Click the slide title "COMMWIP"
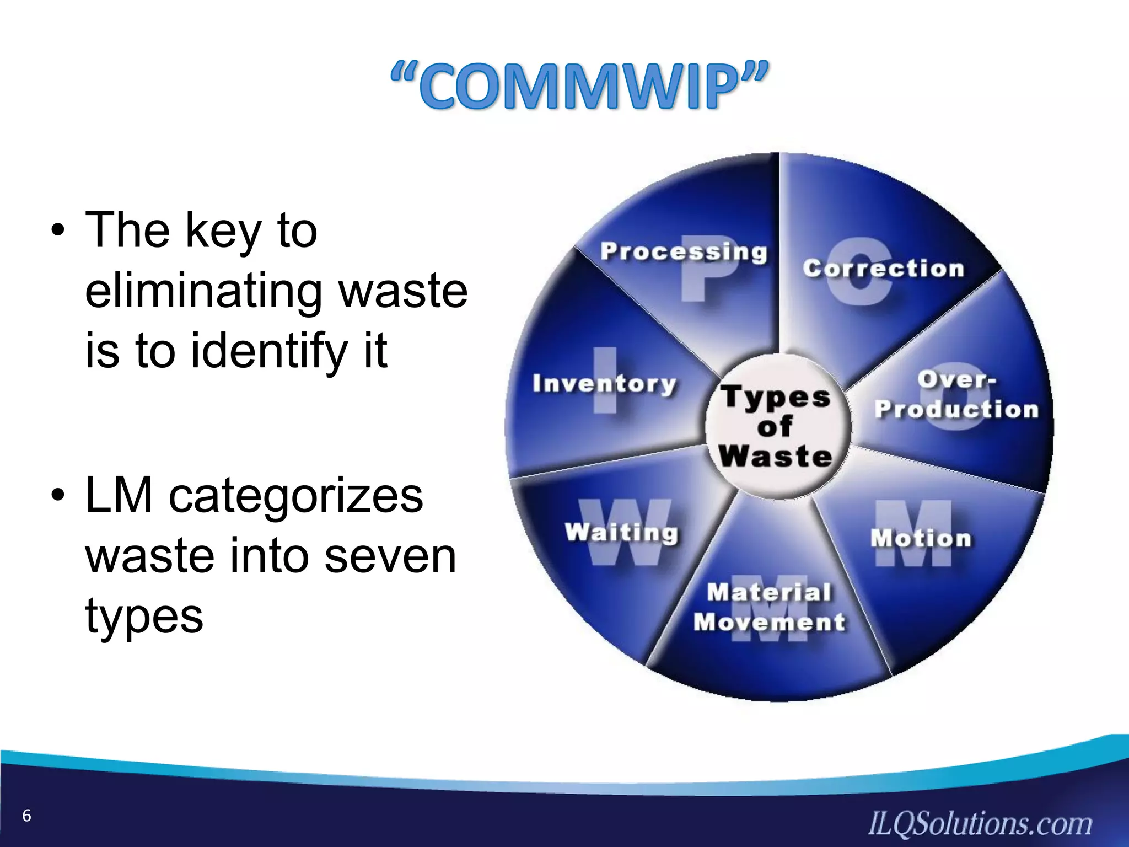click(x=579, y=87)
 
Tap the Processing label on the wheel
click(x=684, y=251)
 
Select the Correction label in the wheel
click(x=883, y=269)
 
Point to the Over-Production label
click(x=956, y=395)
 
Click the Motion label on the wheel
click(x=921, y=538)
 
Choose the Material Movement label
click(x=770, y=607)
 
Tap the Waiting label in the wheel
click(x=621, y=533)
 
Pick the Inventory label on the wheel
click(x=604, y=383)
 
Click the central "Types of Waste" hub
click(x=777, y=426)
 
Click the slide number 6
click(x=26, y=816)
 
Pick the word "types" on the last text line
click(x=144, y=616)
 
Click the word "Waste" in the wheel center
click(x=775, y=457)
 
